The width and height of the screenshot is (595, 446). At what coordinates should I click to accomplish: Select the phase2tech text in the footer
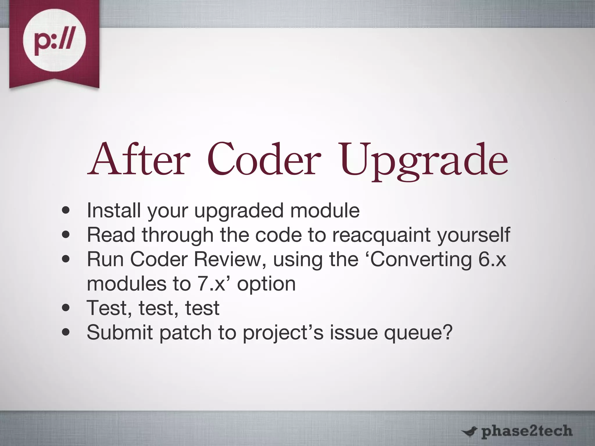pos(526,431)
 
